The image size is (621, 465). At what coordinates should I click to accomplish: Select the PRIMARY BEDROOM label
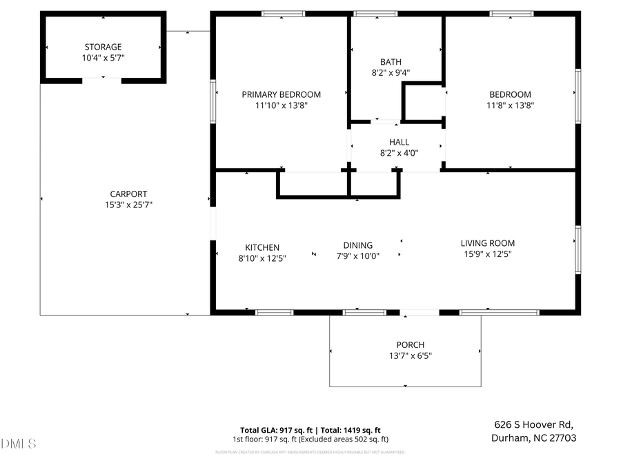(x=281, y=94)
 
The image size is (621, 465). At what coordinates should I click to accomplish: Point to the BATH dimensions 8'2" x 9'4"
(x=391, y=72)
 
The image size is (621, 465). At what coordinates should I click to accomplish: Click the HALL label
(x=399, y=143)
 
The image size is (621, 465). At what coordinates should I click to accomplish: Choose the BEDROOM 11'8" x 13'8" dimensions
(x=511, y=105)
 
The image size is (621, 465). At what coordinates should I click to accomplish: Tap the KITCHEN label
(x=262, y=247)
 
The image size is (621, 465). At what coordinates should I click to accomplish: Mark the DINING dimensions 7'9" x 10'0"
(x=357, y=256)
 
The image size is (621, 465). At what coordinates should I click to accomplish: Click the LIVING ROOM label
(x=488, y=243)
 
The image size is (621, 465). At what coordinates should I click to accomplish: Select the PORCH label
(x=411, y=344)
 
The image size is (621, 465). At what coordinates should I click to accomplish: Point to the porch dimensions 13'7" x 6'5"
(x=411, y=355)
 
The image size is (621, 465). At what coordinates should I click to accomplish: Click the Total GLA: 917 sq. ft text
(x=274, y=429)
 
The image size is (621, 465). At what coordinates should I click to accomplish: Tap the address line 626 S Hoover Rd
(x=533, y=424)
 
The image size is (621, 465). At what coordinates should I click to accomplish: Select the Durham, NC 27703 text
(x=533, y=437)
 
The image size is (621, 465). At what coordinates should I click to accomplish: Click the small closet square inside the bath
(x=423, y=103)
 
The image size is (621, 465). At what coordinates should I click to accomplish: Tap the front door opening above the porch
(x=419, y=313)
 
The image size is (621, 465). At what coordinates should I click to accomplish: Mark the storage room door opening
(x=102, y=81)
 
